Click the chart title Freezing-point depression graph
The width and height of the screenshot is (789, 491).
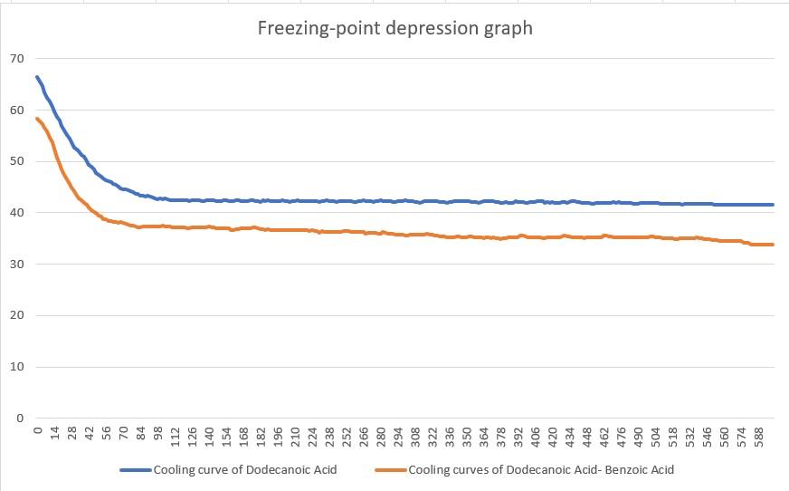[x=395, y=28]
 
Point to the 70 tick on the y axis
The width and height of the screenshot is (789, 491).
[x=16, y=59]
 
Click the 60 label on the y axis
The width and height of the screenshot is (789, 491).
[x=16, y=111]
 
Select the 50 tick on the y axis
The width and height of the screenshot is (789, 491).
[x=16, y=161]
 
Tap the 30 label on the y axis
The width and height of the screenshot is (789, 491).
[x=16, y=265]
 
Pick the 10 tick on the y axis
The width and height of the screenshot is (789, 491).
[x=16, y=367]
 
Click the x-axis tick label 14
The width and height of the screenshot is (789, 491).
[x=55, y=436]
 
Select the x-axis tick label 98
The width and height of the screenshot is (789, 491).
[x=158, y=436]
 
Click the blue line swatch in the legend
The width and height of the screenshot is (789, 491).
[x=135, y=470]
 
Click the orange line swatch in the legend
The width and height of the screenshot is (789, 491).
[x=390, y=470]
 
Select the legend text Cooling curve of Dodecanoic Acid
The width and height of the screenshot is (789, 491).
[x=244, y=470]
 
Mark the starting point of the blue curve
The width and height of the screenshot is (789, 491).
[x=37, y=77]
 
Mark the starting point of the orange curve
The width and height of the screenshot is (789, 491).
[x=37, y=119]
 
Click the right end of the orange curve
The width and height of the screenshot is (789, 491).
[x=773, y=245]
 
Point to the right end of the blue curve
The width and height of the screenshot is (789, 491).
[x=773, y=205]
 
